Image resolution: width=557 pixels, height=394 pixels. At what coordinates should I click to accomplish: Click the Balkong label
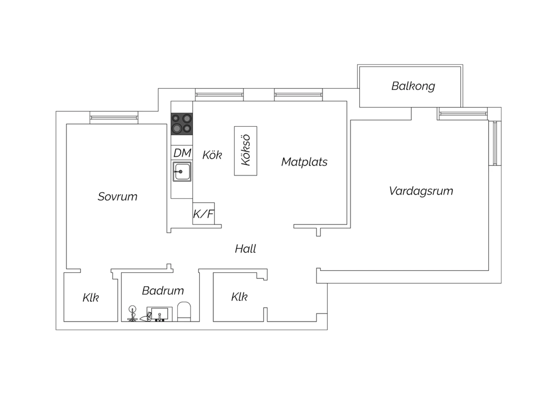point(413,86)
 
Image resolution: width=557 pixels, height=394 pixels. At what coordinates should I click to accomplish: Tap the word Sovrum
point(117,197)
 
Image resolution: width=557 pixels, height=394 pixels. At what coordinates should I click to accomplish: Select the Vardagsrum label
point(421,191)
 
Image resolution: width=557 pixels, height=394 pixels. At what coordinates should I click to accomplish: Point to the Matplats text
point(304,162)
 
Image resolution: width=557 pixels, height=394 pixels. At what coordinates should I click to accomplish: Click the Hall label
point(245,249)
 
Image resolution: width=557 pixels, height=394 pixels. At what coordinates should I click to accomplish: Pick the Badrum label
point(163,290)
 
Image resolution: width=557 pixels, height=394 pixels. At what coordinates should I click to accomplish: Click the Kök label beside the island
point(212,155)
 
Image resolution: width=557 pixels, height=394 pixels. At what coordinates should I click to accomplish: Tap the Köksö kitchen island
point(246,151)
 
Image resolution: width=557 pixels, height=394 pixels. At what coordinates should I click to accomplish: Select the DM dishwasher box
point(182,152)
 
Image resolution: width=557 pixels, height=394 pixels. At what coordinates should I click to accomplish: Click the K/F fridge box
point(203,214)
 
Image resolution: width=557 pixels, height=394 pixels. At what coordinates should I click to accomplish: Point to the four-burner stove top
point(182,124)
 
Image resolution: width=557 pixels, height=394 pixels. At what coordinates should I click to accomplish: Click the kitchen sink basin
point(182,171)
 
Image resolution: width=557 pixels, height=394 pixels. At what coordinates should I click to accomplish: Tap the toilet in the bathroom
point(184,312)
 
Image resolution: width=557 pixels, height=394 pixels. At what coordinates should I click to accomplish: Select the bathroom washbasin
point(160,314)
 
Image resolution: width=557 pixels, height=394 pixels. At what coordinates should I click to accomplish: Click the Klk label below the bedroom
point(91,297)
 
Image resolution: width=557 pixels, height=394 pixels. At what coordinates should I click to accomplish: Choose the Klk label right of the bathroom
point(240,297)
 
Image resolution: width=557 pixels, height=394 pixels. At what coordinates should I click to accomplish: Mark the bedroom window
point(114,118)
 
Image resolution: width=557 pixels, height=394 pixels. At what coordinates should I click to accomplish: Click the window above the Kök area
point(219,95)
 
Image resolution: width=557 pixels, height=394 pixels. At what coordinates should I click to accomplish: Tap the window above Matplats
point(299,95)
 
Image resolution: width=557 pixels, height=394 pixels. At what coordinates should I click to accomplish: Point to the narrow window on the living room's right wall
point(495,143)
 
